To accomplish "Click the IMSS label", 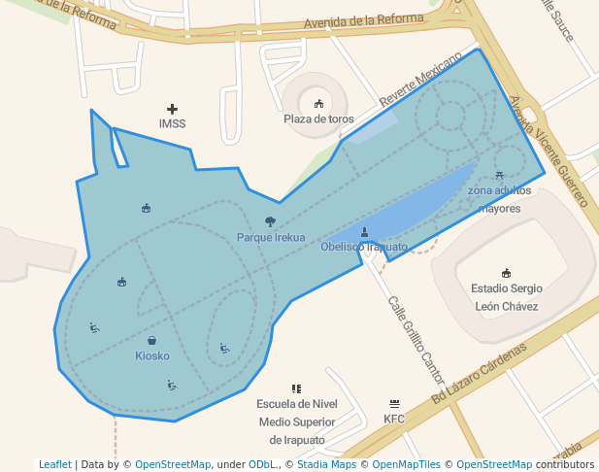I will [172, 123].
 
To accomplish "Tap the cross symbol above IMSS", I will [172, 109].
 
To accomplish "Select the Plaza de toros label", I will [318, 118].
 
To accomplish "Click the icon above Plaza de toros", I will [318, 103].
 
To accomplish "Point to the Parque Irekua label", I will [271, 237].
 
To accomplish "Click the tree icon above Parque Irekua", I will [270, 222].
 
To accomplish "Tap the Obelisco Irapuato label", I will [364, 247].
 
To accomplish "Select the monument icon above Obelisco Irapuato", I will [364, 232].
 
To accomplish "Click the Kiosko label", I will [152, 355].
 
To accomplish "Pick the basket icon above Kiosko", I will [152, 340].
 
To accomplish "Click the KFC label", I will [394, 419].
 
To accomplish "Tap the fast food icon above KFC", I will [394, 403].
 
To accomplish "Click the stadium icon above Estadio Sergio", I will [506, 273].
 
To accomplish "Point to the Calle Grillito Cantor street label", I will [416, 339].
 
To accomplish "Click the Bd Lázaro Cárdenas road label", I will [480, 373].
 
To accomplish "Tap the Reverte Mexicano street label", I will [423, 81].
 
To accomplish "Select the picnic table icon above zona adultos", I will [499, 176].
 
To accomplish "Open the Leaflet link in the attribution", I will [55, 464].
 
